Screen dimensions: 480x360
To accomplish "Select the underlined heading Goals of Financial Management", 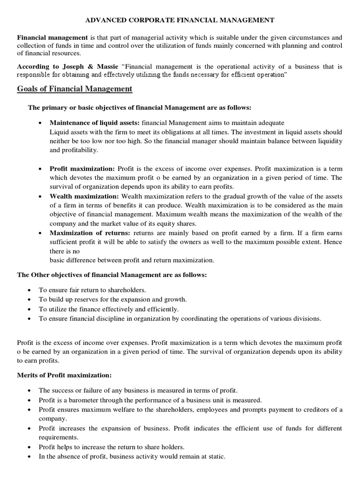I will pos(75,89).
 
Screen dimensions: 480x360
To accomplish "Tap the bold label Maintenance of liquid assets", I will pos(90,122).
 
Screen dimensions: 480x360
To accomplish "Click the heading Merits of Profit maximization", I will pos(64,376).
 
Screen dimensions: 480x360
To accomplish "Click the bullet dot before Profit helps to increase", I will pos(30,445).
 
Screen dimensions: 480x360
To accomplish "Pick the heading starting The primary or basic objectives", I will pos(139,107).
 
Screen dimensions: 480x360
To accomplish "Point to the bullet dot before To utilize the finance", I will pos(30,309).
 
